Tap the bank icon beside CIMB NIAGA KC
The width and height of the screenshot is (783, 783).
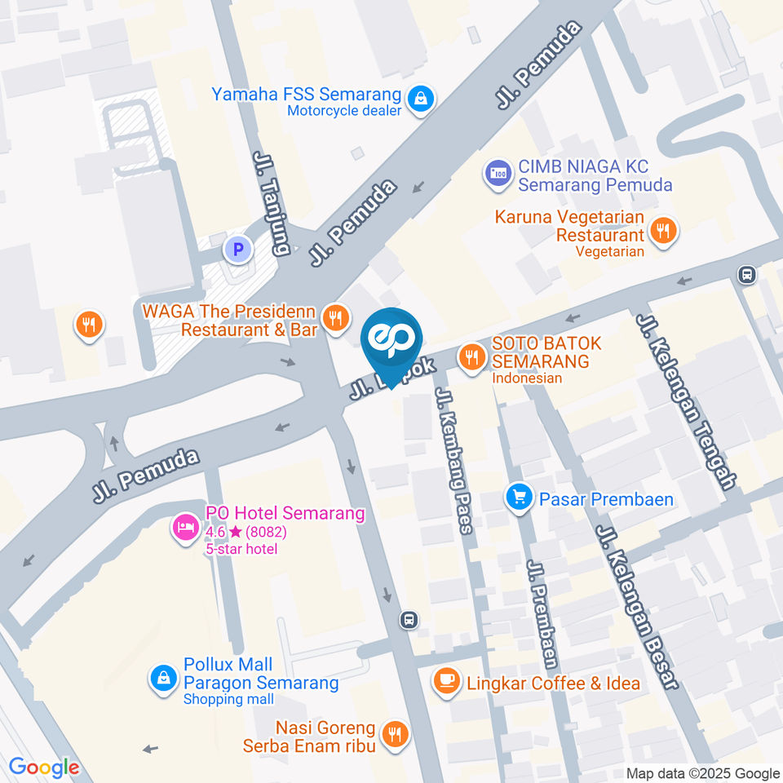pos(497,173)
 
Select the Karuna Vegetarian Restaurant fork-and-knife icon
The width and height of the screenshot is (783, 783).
pos(665,231)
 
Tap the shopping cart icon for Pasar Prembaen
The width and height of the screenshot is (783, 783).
pos(518,495)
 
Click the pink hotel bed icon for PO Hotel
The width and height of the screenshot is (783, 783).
pos(184,527)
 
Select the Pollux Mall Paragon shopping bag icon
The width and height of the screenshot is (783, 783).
pos(163,677)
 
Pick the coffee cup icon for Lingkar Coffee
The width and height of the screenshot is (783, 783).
pos(445,680)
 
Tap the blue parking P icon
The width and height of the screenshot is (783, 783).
pos(238,249)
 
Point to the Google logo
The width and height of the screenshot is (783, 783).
pos(44,767)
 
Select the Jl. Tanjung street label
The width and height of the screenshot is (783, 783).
pos(272,203)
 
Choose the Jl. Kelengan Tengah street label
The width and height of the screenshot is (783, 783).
pos(687,401)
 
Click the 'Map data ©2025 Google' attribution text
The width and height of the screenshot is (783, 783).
pos(703,773)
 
